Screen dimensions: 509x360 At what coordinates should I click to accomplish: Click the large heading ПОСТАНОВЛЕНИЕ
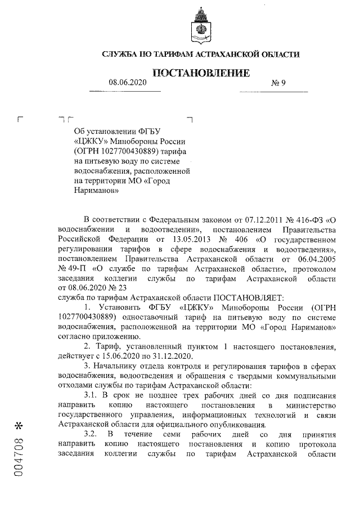tap(200, 73)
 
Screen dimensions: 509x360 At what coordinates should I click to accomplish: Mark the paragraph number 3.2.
tap(91, 434)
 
